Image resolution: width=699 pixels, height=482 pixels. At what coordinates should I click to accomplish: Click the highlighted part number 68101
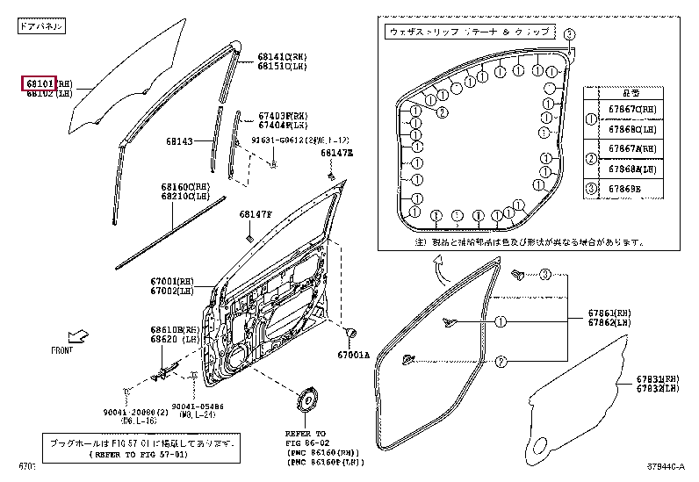pos(39,83)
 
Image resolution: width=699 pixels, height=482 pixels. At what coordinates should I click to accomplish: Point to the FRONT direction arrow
pos(79,336)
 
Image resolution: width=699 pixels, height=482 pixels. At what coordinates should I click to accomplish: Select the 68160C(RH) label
pos(185,187)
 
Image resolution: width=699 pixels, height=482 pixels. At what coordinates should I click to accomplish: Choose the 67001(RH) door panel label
pos(172,281)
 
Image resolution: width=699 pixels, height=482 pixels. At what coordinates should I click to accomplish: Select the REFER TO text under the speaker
pos(305,434)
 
